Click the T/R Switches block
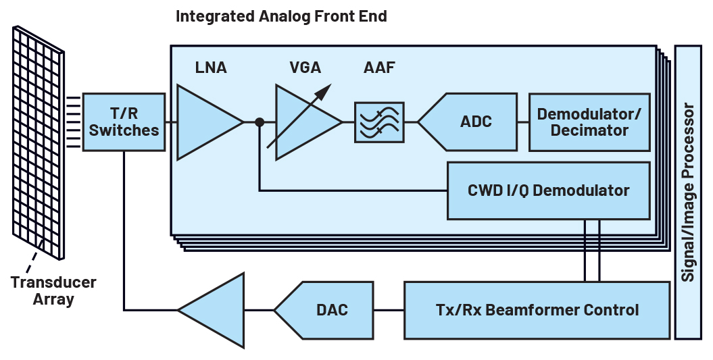pos(124,122)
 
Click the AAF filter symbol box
pos(379,122)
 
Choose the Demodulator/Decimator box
pos(589,122)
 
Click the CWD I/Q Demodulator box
pos(548,190)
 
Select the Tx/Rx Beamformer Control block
pos(537,310)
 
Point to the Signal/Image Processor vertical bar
pos(688,192)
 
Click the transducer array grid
pos(39,142)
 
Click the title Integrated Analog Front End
pos(281,16)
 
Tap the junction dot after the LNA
pos(260,122)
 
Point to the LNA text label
pos(210,68)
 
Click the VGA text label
pos(304,68)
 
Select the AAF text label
pos(379,68)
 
